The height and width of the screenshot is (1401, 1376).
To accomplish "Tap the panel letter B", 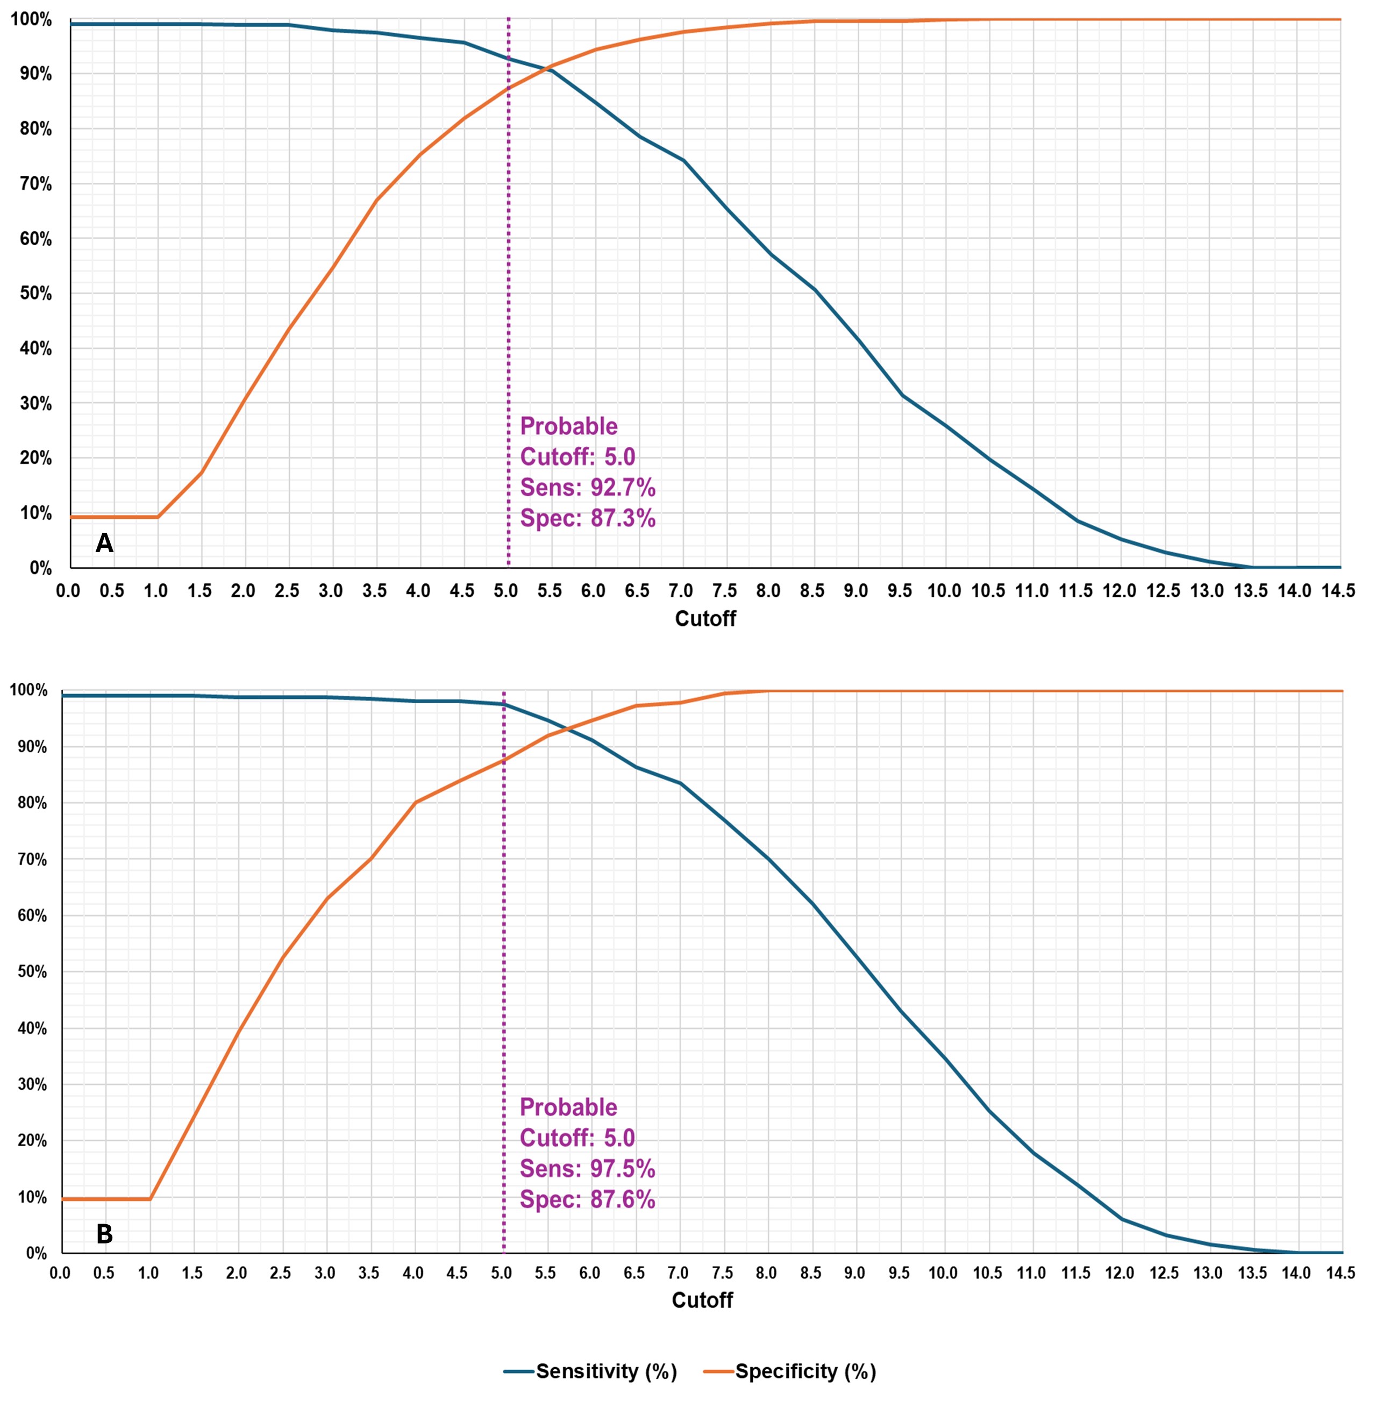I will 104,1234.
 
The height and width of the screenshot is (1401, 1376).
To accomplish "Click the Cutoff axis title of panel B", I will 702,1300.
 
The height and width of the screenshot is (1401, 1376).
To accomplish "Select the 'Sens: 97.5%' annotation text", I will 587,1168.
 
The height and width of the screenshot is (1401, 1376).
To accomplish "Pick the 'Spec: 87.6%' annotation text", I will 587,1199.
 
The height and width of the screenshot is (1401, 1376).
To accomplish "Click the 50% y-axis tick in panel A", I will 35,294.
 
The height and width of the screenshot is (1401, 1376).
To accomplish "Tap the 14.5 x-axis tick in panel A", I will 1338,591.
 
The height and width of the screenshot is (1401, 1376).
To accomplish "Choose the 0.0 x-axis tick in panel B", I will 60,1273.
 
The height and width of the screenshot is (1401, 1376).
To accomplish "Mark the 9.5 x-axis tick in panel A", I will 900,591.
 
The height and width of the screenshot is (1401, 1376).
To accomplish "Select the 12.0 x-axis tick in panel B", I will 1120,1273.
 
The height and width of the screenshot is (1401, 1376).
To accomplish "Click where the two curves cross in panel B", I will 572,729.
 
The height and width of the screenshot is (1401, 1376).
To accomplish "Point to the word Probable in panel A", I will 569,426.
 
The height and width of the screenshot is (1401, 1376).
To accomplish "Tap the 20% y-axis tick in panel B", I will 32,1140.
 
